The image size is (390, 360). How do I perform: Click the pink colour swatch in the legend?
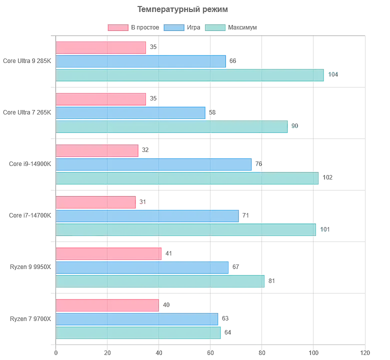pos(117,28)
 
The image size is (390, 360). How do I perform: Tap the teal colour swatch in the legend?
pos(216,28)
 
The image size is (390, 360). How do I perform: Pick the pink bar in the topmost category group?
pos(102,47)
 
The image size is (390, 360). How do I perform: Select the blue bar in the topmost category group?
pos(142,61)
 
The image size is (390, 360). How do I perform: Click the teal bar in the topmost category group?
pos(192,76)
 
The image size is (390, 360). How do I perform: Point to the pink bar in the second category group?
pos(102,99)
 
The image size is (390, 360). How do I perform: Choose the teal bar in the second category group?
pos(173,127)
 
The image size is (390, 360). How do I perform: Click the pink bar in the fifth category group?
pos(109,253)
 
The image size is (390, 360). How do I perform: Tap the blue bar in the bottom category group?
pos(138,319)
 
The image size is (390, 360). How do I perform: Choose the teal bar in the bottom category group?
pos(139,333)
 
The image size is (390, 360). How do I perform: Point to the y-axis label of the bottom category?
pos(30,319)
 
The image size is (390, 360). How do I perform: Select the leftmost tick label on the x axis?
pos(55,351)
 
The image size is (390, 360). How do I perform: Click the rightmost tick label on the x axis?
pos(365,351)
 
